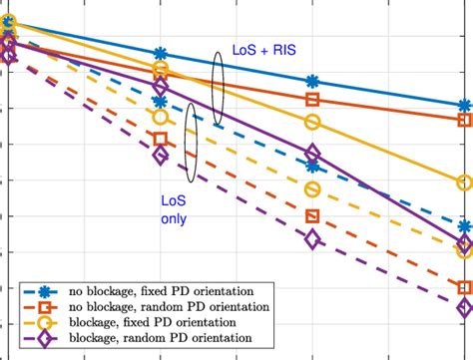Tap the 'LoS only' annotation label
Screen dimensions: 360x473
pos(174,207)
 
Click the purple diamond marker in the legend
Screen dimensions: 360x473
pos(45,339)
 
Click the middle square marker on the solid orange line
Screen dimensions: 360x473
pos(312,100)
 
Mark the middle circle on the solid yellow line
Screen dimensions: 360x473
pos(312,123)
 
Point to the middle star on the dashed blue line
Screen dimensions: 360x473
pos(312,167)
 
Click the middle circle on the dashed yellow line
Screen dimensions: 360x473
pos(312,190)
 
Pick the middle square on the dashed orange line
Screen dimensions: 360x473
pos(312,216)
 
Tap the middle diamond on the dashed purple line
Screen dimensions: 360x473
pos(312,239)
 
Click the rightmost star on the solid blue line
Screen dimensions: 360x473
pos(464,105)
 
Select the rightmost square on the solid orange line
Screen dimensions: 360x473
pos(464,120)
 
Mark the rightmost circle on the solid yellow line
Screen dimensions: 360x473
pos(464,182)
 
